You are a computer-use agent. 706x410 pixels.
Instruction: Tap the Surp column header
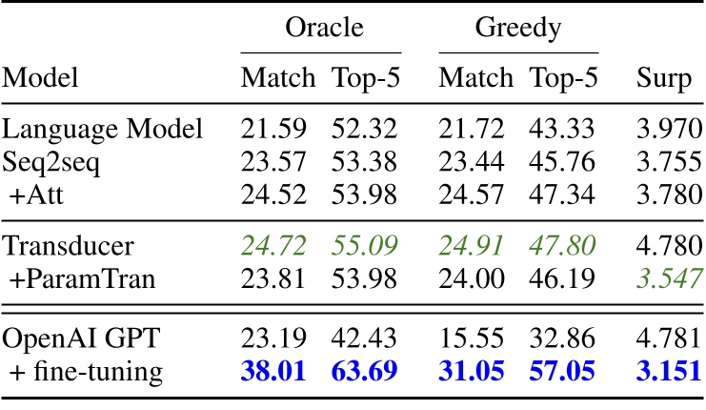[663, 77]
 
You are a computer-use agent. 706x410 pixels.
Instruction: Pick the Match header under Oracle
[276, 77]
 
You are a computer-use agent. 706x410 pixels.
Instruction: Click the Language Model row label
[103, 129]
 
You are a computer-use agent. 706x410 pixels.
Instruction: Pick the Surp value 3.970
[663, 129]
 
